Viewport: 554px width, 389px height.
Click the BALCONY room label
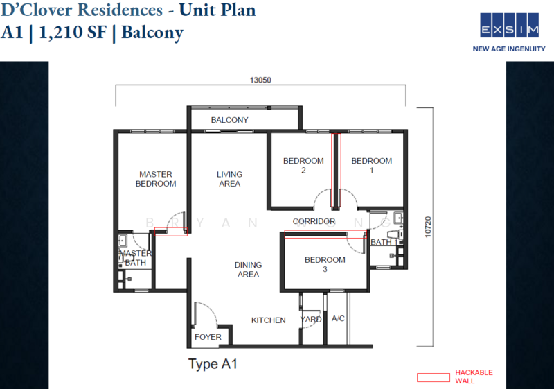(x=229, y=120)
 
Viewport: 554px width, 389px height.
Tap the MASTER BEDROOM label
(x=155, y=179)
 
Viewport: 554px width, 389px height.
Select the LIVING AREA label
(x=229, y=179)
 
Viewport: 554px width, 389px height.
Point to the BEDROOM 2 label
(x=303, y=165)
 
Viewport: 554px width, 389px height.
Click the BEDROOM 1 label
(x=371, y=165)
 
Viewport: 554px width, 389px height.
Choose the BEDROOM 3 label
(x=325, y=264)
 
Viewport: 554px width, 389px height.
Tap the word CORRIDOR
(x=314, y=222)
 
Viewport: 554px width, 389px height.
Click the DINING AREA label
(x=248, y=269)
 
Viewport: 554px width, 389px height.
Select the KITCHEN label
(x=268, y=320)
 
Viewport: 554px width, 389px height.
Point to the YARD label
(x=310, y=320)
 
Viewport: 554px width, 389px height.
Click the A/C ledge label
(x=339, y=320)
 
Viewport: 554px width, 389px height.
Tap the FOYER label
(x=208, y=337)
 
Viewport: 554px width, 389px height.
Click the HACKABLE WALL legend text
(x=474, y=377)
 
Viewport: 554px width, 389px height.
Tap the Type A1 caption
(x=213, y=363)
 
